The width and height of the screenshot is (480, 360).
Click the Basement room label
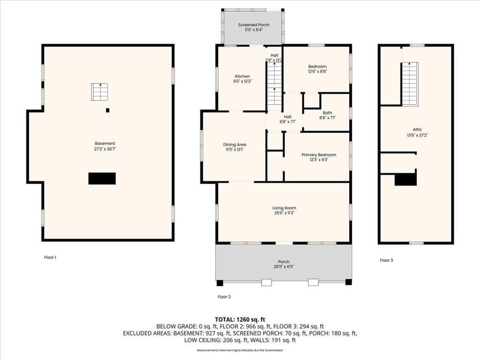[x=105, y=143]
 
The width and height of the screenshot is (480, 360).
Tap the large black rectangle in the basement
[x=102, y=179]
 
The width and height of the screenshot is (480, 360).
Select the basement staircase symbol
[x=99, y=92]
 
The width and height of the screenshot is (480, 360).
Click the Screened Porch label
[x=254, y=25]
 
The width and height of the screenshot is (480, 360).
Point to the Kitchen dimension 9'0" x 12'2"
[x=242, y=82]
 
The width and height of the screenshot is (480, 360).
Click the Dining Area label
[x=234, y=145]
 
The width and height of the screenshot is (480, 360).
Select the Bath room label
[x=327, y=113]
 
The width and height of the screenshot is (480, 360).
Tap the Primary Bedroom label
[x=319, y=155]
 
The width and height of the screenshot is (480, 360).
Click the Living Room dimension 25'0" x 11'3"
[x=284, y=213]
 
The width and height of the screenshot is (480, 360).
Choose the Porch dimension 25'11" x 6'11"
[x=284, y=267]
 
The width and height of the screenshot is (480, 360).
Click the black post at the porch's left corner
[x=220, y=283]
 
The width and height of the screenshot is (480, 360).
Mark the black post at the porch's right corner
[x=348, y=282]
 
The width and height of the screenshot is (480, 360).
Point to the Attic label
[x=417, y=130]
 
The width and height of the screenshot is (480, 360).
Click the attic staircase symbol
[x=410, y=84]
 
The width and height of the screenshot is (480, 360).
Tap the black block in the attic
[x=405, y=180]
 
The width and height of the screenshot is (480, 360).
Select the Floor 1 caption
[x=50, y=257]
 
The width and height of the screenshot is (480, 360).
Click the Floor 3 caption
[x=386, y=260]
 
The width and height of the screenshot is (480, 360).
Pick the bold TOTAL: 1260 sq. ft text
[x=240, y=320]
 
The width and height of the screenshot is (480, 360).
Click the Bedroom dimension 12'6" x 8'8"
[x=317, y=72]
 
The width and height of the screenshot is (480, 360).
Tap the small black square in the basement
[x=107, y=110]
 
